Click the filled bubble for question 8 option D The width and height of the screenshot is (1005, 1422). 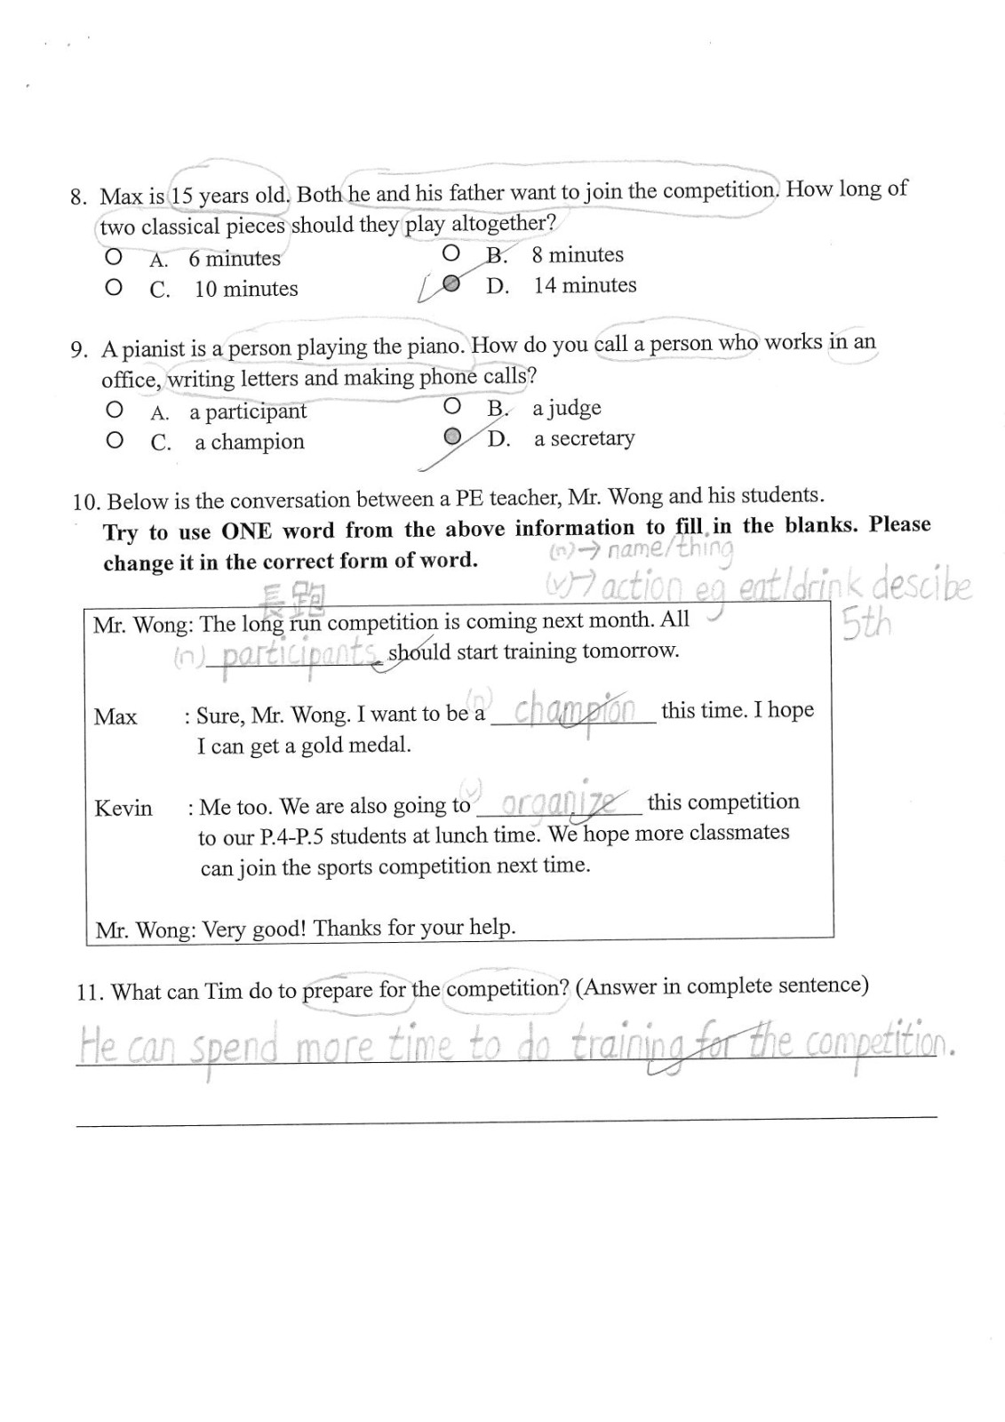pos(451,284)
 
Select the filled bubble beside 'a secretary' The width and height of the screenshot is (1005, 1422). pos(452,436)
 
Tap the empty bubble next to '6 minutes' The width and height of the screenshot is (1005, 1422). pos(113,258)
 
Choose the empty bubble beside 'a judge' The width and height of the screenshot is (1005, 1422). pos(452,407)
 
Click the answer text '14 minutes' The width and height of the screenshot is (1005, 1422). pos(585,285)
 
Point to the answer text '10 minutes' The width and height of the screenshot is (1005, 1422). pos(246,289)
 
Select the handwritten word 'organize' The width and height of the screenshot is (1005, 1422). pos(559,803)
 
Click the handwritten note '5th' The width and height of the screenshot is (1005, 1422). pos(865,626)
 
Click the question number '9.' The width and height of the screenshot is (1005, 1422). pos(80,349)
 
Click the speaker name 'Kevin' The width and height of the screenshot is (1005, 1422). pos(124,808)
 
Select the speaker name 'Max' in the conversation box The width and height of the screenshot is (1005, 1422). pos(116,716)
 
